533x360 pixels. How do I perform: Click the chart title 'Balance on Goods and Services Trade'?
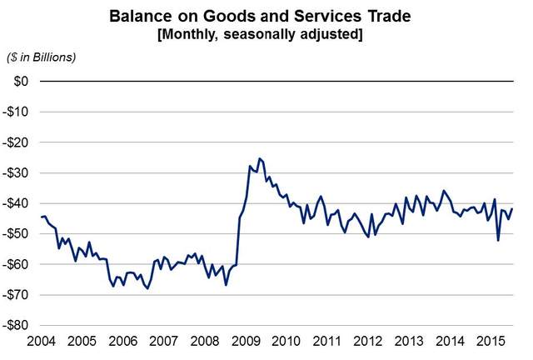[x=266, y=15]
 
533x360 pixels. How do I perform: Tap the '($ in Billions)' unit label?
[x=42, y=57]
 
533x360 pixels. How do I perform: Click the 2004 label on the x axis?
[x=41, y=342]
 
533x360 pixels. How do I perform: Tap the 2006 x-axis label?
[x=122, y=342]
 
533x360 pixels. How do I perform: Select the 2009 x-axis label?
[x=242, y=342]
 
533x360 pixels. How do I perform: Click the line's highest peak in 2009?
[x=259, y=158]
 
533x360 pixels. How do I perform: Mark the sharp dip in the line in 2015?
[x=498, y=240]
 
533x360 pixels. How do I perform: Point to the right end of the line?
[x=512, y=208]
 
